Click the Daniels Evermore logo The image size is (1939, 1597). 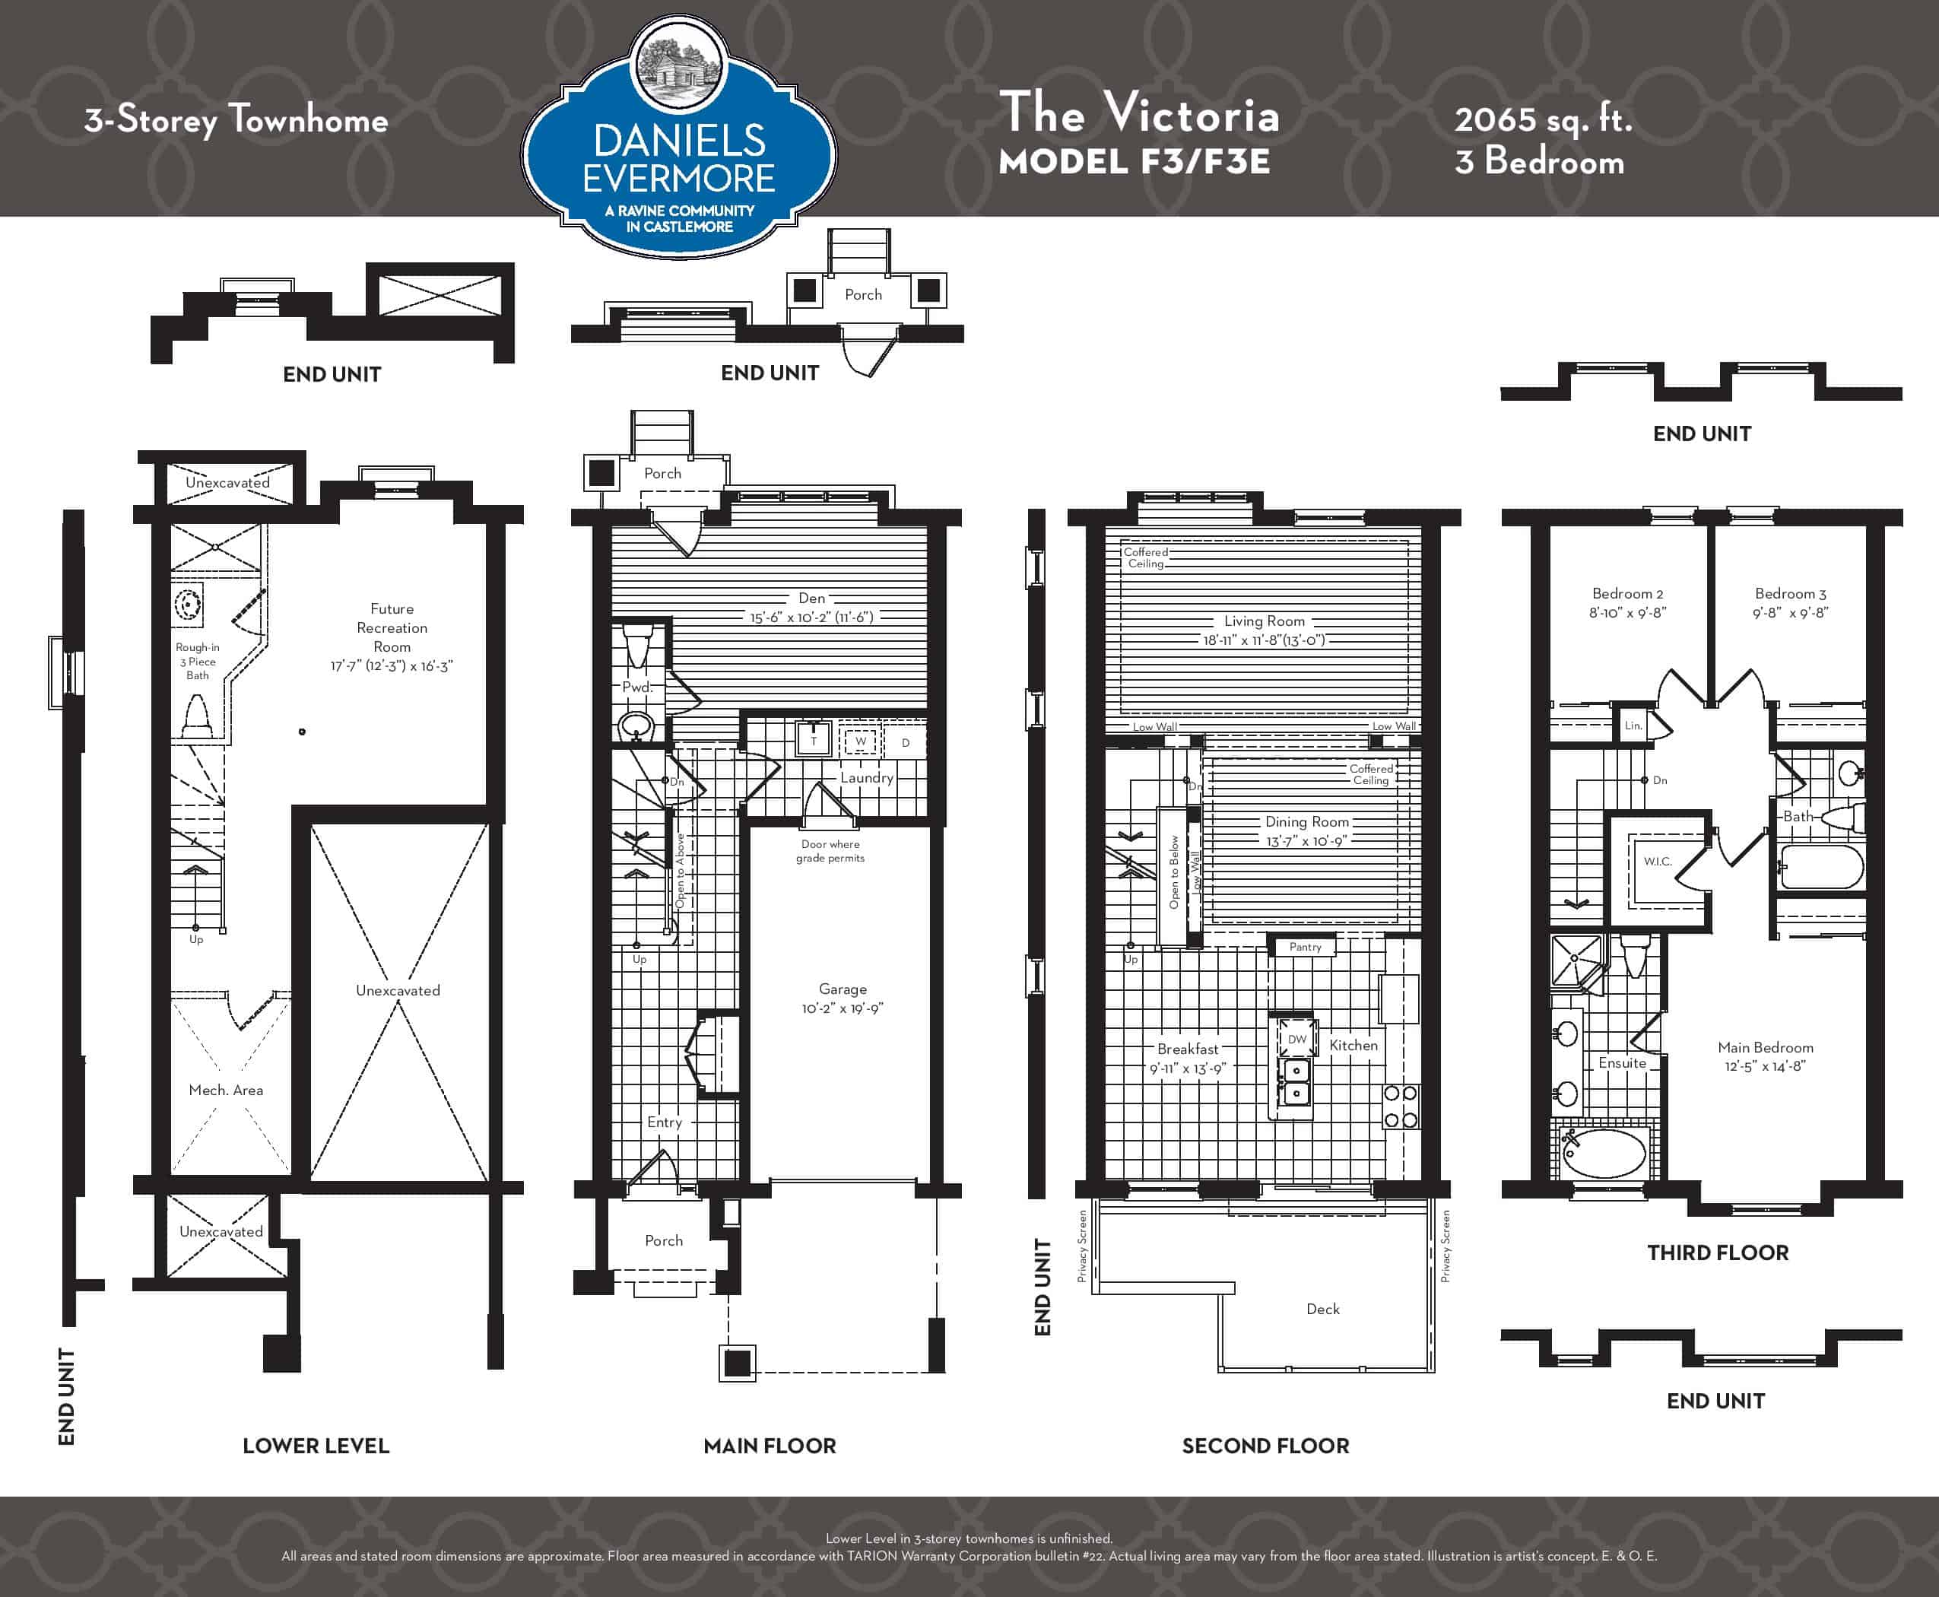click(x=679, y=137)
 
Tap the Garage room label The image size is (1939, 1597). click(x=843, y=989)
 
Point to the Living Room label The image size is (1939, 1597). click(x=1264, y=621)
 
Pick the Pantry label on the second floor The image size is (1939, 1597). click(x=1306, y=947)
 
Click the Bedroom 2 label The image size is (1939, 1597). click(x=1627, y=593)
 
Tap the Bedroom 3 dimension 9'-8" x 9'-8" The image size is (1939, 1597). click(x=1790, y=613)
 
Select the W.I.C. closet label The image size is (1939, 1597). click(x=1658, y=861)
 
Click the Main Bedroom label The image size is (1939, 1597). click(x=1765, y=1047)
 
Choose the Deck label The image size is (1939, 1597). click(x=1323, y=1309)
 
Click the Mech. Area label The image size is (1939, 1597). click(x=225, y=1090)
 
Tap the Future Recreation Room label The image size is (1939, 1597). click(x=392, y=627)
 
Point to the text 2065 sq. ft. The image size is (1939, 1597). click(x=1543, y=119)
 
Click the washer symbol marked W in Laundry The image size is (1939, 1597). click(x=861, y=741)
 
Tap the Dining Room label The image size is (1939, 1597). click(x=1306, y=821)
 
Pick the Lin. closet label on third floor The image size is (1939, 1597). click(x=1633, y=725)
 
